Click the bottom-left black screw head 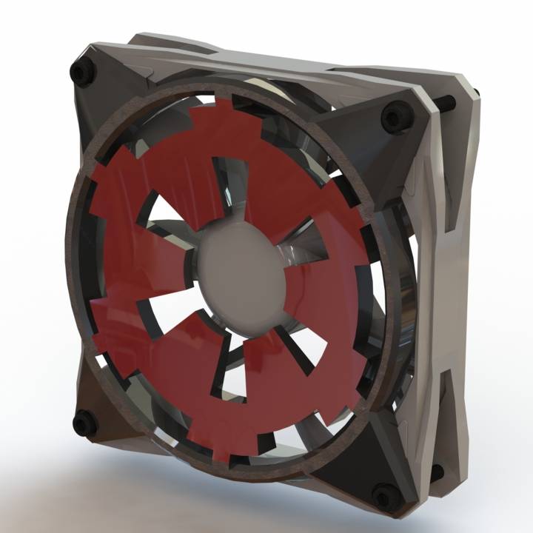(x=84, y=423)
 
